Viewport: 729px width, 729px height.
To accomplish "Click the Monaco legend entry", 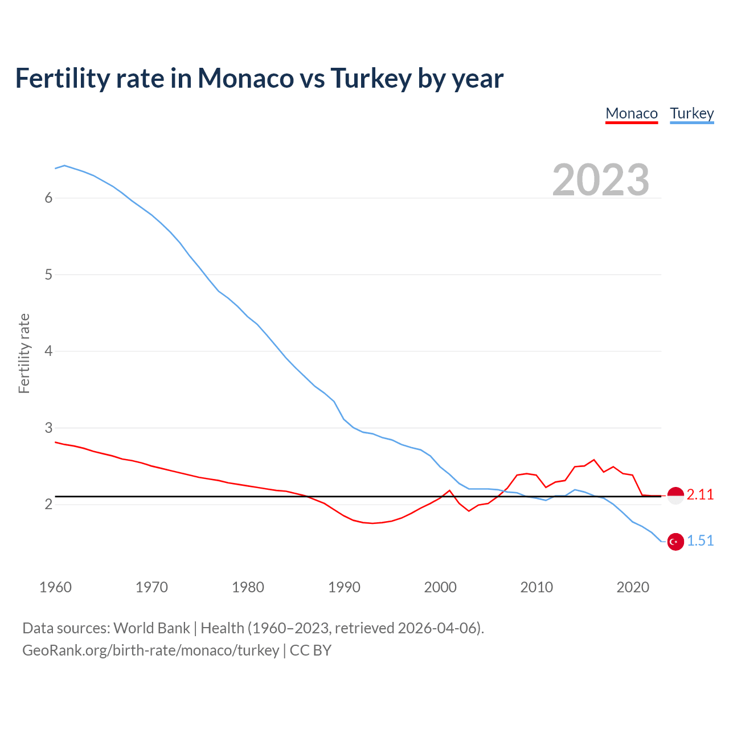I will (x=632, y=113).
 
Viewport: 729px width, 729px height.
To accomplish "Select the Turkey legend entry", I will (x=692, y=113).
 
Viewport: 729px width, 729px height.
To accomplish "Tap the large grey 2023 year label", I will (x=601, y=180).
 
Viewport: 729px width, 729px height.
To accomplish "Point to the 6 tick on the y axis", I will (x=48, y=198).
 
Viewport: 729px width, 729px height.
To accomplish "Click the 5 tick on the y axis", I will (x=48, y=275).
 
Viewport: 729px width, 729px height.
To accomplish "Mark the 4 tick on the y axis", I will (x=48, y=351).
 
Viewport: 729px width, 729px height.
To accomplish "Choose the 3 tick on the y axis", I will (x=48, y=428).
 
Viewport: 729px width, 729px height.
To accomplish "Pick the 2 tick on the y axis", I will (x=48, y=504).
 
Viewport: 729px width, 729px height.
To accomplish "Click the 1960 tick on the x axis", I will (x=55, y=587).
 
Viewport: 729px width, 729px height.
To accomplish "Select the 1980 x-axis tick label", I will (x=248, y=587).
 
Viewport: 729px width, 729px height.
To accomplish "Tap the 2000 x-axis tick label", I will (x=440, y=587).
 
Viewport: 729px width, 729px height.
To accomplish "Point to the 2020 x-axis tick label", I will (x=633, y=587).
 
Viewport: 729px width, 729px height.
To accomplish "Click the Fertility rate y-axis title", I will (x=24, y=353).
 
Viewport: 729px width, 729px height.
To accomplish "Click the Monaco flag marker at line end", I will (x=675, y=495).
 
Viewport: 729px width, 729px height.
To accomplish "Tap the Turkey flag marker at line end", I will (x=675, y=542).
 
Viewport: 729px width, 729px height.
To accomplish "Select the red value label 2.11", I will (x=700, y=495).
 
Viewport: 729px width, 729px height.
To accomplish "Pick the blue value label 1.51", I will (x=700, y=541).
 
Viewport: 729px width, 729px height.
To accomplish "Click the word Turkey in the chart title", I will (x=370, y=78).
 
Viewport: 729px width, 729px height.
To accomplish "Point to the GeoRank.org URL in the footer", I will (x=150, y=650).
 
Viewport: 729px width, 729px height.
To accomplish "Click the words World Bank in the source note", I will (x=151, y=628).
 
